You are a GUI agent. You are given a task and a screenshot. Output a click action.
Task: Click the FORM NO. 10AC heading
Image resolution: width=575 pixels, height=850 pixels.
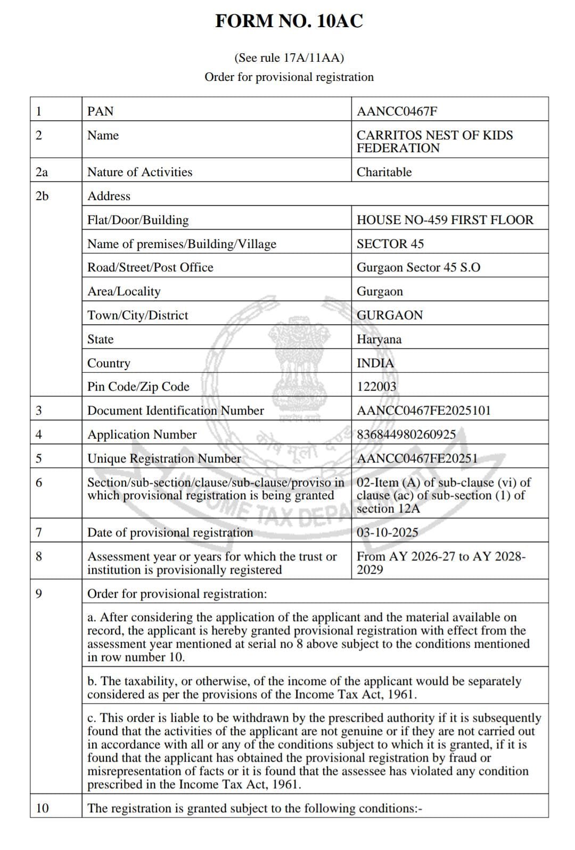tap(289, 21)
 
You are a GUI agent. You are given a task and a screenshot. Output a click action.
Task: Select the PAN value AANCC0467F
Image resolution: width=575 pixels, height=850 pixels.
tap(397, 111)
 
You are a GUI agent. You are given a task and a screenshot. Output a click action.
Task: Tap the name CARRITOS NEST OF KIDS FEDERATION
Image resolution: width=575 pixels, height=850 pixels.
tap(434, 142)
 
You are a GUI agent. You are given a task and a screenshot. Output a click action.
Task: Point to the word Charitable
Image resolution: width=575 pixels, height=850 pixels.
tap(384, 172)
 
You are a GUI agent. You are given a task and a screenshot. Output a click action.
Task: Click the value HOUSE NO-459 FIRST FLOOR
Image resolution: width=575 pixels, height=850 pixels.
tap(445, 220)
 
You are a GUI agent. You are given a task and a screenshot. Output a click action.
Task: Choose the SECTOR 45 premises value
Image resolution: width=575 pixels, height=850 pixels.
tap(390, 244)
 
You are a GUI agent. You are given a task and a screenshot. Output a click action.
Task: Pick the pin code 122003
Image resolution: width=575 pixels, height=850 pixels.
tap(376, 386)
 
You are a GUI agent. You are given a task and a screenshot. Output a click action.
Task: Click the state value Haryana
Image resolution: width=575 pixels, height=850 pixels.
tap(379, 339)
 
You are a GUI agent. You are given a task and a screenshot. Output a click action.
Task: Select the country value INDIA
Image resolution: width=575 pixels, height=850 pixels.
tap(375, 363)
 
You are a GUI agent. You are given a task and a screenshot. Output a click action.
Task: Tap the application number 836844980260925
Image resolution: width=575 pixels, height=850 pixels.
tap(406, 434)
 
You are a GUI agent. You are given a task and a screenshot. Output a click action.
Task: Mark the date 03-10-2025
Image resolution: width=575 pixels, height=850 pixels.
tap(387, 532)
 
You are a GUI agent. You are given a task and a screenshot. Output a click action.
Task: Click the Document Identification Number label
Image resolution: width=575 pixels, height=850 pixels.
tap(175, 410)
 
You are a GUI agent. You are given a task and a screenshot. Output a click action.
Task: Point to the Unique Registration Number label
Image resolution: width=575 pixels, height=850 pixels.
tap(164, 458)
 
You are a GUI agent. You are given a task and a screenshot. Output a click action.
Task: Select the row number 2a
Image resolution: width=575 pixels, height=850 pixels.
tap(42, 172)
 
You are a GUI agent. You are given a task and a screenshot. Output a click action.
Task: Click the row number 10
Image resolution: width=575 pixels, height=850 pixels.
tap(42, 808)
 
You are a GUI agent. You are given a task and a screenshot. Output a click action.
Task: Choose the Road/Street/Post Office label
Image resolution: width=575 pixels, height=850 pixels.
tap(150, 267)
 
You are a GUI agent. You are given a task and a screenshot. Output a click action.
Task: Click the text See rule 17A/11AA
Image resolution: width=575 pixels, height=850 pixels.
tap(289, 57)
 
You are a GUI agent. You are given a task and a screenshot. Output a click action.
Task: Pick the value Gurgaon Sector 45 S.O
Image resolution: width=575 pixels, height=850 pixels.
tap(418, 267)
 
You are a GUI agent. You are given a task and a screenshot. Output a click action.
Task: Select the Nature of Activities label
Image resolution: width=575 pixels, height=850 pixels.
tap(139, 172)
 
